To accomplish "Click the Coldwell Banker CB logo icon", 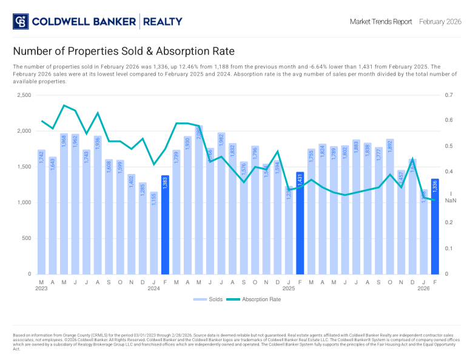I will pyautogui.click(x=21, y=22).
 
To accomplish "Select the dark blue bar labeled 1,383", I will pyautogui.click(x=165, y=225).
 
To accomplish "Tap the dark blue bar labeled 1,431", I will pyautogui.click(x=300, y=223).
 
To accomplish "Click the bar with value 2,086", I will pyautogui.click(x=198, y=200).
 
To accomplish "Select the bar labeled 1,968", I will pyautogui.click(x=64, y=204).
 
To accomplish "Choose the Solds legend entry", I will pyautogui.click(x=208, y=299).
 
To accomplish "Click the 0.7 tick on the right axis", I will pyautogui.click(x=449, y=96).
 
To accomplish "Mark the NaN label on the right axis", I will pyautogui.click(x=451, y=200).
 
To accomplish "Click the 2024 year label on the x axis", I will pyautogui.click(x=154, y=289).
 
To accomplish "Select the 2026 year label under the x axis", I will pyautogui.click(x=423, y=289).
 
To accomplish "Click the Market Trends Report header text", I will pyautogui.click(x=380, y=22).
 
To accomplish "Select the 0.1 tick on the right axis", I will pyautogui.click(x=449, y=248).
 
